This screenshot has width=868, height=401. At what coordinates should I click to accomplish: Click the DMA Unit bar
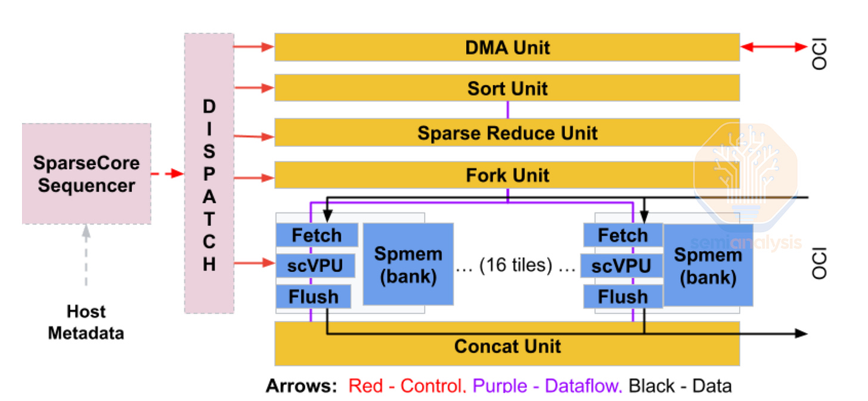(507, 47)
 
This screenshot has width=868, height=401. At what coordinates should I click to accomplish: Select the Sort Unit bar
(507, 88)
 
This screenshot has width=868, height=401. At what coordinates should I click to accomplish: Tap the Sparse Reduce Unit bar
(507, 132)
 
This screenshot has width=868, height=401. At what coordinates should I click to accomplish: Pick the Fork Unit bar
(507, 175)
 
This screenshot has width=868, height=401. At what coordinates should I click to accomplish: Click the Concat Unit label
(507, 346)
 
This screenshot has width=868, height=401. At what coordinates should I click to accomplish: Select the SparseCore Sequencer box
(86, 174)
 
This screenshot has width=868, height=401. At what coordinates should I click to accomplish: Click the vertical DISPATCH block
(209, 173)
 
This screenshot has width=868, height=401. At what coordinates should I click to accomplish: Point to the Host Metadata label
(86, 322)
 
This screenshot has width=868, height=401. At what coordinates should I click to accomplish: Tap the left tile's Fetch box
(317, 235)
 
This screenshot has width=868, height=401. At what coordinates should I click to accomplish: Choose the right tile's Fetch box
(622, 235)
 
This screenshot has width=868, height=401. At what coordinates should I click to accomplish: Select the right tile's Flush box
(622, 297)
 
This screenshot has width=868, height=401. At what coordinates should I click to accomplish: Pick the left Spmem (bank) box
(408, 264)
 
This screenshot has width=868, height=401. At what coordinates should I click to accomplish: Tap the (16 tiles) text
(516, 264)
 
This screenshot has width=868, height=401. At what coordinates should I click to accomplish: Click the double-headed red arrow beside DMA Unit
(773, 47)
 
